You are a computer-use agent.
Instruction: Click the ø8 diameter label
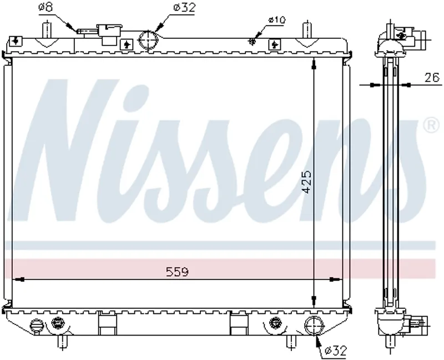pyautogui.click(x=46, y=7)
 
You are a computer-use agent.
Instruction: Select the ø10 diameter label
pyautogui.click(x=277, y=20)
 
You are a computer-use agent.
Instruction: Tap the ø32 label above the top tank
pyautogui.click(x=184, y=8)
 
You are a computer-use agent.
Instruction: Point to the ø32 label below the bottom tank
pyautogui.click(x=335, y=351)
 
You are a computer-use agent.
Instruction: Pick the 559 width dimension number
pyautogui.click(x=177, y=272)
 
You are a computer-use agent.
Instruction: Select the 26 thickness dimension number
pyautogui.click(x=432, y=77)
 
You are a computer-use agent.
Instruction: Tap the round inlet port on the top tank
pyautogui.click(x=148, y=40)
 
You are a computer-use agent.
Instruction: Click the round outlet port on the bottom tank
pyautogui.click(x=314, y=326)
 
